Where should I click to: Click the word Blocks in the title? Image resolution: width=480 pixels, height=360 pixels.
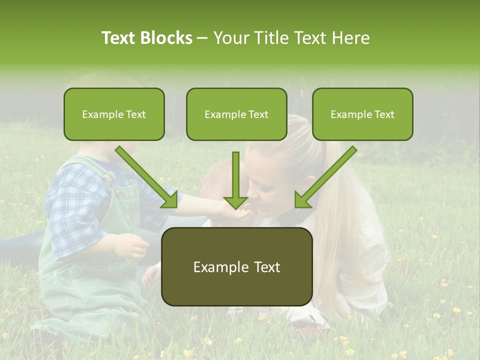pos(166,38)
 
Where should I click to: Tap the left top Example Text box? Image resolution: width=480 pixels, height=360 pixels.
pos(114,114)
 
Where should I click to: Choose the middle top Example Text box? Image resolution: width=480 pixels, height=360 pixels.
pos(236,114)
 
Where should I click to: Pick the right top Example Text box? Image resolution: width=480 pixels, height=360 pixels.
pos(362,114)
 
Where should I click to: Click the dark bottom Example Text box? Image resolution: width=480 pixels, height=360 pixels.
pos(236,267)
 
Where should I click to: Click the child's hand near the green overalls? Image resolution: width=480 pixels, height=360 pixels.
pos(132,246)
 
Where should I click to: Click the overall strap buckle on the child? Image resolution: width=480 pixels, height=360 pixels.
pos(116,188)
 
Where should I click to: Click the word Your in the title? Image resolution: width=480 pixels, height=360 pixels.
pos(231,38)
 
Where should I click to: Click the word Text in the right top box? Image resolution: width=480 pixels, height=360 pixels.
pos(384,114)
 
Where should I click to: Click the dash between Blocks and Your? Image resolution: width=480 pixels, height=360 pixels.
pos(202,38)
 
